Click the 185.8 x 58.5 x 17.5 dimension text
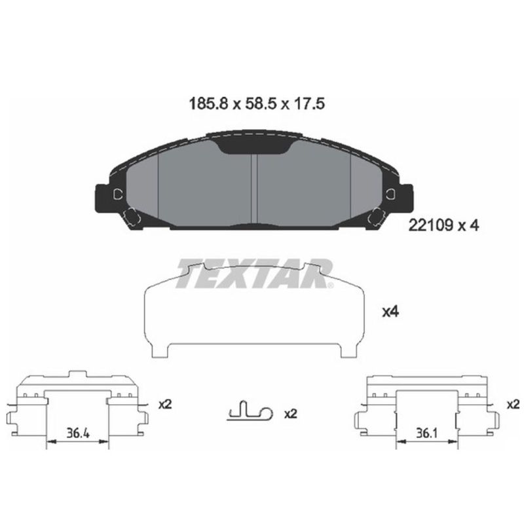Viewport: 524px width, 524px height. click(257, 103)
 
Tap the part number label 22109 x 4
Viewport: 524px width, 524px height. click(444, 226)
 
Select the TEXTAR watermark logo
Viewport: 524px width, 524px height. click(255, 274)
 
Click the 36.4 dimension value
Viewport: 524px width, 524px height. click(78, 434)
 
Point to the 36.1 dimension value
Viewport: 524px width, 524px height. click(427, 434)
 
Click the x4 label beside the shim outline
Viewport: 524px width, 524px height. click(390, 312)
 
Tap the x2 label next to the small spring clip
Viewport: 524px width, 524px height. click(290, 414)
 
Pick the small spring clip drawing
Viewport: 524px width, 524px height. click(250, 410)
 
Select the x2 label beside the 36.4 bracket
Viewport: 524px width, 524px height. click(165, 405)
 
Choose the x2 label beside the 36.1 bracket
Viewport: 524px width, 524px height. click(514, 405)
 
